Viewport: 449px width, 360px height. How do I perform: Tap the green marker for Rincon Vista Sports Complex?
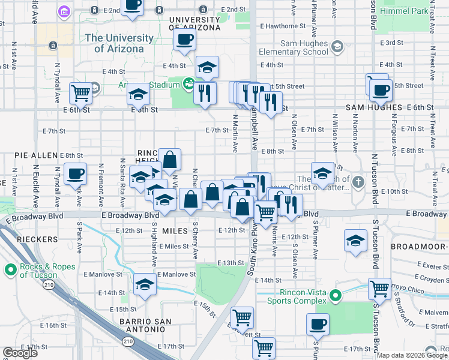337,295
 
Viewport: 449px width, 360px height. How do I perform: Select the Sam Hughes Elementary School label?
294,48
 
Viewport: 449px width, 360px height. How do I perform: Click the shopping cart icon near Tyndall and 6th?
80,93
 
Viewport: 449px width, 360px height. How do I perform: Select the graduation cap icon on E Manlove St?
145,284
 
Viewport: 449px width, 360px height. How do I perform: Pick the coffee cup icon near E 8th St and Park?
76,174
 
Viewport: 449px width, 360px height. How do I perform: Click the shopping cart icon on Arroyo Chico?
379,289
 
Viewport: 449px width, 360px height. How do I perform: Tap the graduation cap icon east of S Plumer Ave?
355,241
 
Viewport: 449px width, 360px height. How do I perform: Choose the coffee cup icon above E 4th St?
185,40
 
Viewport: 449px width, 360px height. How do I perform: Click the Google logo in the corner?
20,353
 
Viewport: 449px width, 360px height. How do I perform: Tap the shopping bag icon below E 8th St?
170,160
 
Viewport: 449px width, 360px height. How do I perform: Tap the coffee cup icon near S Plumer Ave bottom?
318,325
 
